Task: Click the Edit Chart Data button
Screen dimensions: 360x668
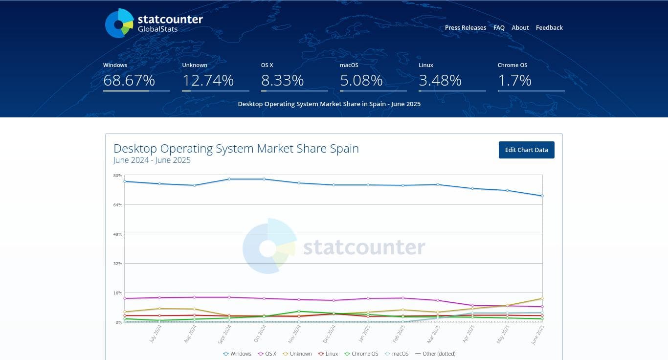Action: pyautogui.click(x=526, y=150)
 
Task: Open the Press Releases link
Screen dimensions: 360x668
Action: pyautogui.click(x=465, y=28)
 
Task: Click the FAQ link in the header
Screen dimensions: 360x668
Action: pyautogui.click(x=499, y=28)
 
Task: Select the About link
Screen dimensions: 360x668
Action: pyautogui.click(x=520, y=28)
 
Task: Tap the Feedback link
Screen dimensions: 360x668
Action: pyautogui.click(x=549, y=28)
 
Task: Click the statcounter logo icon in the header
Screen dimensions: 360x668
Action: pyautogui.click(x=119, y=23)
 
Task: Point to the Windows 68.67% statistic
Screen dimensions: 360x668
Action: pyautogui.click(x=129, y=80)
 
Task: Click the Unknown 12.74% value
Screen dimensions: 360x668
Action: pyautogui.click(x=208, y=80)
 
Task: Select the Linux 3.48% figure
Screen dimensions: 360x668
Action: pyautogui.click(x=440, y=80)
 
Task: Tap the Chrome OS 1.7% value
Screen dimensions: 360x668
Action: pyautogui.click(x=514, y=80)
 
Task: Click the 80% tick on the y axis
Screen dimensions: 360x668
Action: pyautogui.click(x=118, y=176)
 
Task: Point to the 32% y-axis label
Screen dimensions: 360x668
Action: pyautogui.click(x=118, y=264)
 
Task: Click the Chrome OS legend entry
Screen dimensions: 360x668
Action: pyautogui.click(x=361, y=354)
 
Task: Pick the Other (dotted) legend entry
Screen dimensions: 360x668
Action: pyautogui.click(x=435, y=354)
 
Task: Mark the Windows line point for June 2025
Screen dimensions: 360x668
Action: pyautogui.click(x=542, y=196)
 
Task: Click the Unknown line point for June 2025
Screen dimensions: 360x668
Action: pyautogui.click(x=542, y=298)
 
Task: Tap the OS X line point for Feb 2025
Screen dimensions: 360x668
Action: pyautogui.click(x=403, y=298)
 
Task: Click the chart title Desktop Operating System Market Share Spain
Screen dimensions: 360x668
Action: pyautogui.click(x=236, y=149)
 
